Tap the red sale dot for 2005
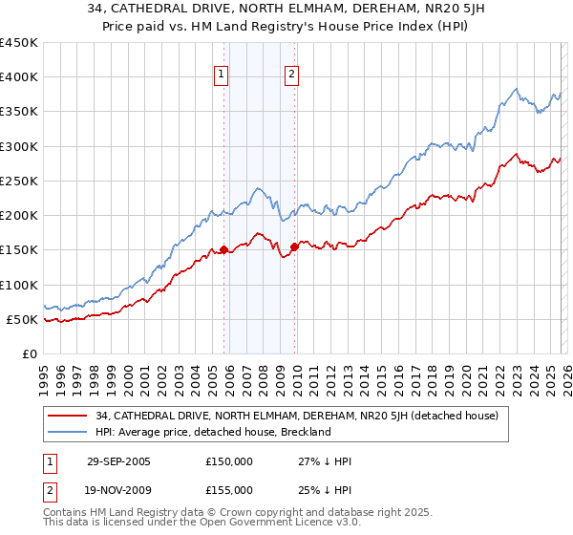tap(223, 250)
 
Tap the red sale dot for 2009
tap(294, 247)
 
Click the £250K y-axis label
tap(19, 181)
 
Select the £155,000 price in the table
tap(229, 489)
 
